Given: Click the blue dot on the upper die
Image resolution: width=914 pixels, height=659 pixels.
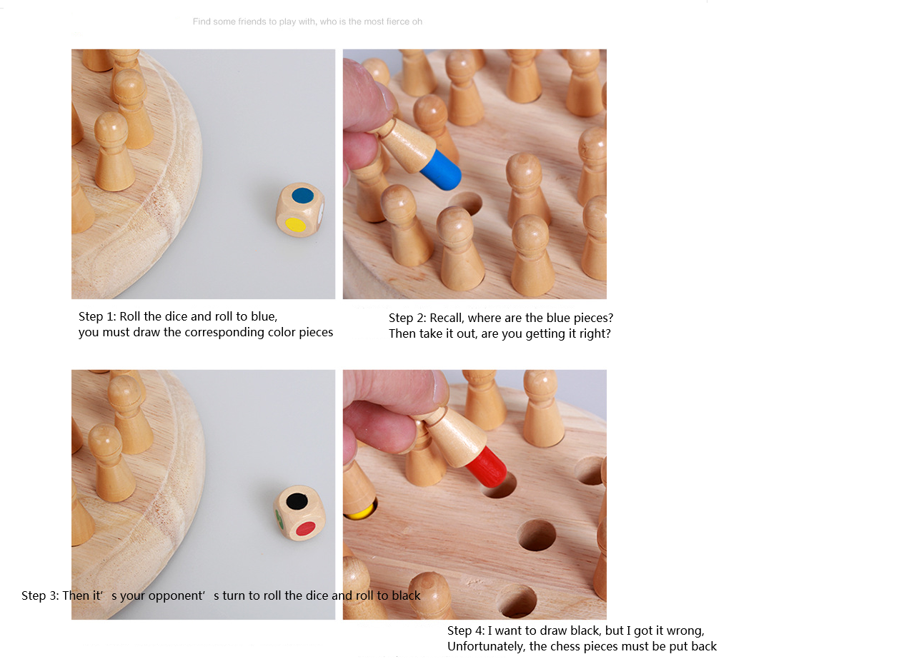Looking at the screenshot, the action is coord(303,196).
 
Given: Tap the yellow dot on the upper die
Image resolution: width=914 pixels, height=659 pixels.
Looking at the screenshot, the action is coord(295,225).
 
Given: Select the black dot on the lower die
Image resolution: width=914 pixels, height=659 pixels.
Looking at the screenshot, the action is coord(297,501).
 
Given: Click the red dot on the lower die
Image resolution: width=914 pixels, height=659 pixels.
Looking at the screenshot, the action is coord(306,528).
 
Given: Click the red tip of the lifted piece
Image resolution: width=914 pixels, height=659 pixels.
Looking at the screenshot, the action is coord(487,467).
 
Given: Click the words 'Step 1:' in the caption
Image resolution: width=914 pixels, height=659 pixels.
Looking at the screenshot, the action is coord(97,317).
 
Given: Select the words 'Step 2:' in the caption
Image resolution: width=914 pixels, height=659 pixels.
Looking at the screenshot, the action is coord(407,318).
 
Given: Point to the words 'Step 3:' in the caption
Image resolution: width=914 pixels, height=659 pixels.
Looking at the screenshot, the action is coord(40,595).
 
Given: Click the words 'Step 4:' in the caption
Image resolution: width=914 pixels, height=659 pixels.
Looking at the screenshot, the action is coord(466,630).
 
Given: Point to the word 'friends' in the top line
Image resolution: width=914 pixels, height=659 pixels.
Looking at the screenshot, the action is coord(252,21).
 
